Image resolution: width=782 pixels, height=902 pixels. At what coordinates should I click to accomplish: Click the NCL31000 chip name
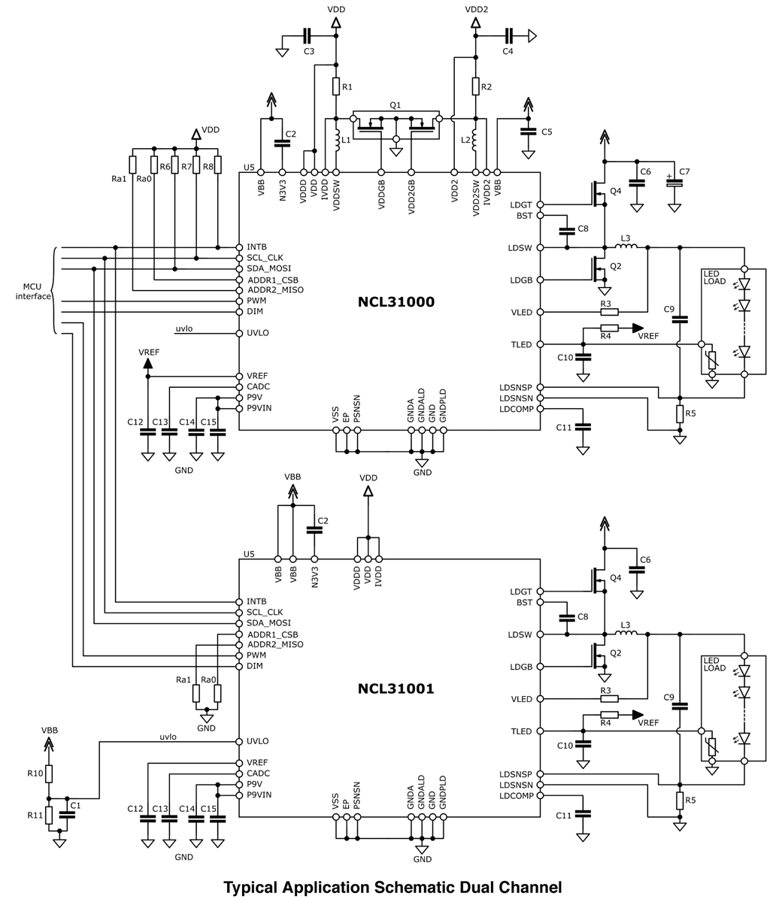(396, 302)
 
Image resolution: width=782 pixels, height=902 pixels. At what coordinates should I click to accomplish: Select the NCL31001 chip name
(396, 688)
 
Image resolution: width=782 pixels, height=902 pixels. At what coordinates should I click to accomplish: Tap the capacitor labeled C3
(307, 35)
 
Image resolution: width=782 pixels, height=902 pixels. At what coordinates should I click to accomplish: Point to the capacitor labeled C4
(508, 35)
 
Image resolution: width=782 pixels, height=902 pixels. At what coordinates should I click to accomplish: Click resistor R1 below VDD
(336, 87)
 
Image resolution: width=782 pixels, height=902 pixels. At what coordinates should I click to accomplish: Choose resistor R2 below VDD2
(475, 87)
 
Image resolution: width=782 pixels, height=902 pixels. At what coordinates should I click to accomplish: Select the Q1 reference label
(396, 105)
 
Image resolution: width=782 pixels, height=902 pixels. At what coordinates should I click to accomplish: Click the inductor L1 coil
(336, 140)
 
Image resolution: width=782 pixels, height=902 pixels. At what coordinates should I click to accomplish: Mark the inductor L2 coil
(475, 140)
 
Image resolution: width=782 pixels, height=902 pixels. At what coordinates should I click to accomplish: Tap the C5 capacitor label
(547, 132)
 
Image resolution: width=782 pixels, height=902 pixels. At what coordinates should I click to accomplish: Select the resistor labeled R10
(49, 773)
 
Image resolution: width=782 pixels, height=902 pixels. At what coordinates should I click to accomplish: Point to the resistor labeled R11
(49, 815)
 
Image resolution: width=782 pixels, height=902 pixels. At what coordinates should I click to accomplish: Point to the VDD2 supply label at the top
(476, 9)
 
